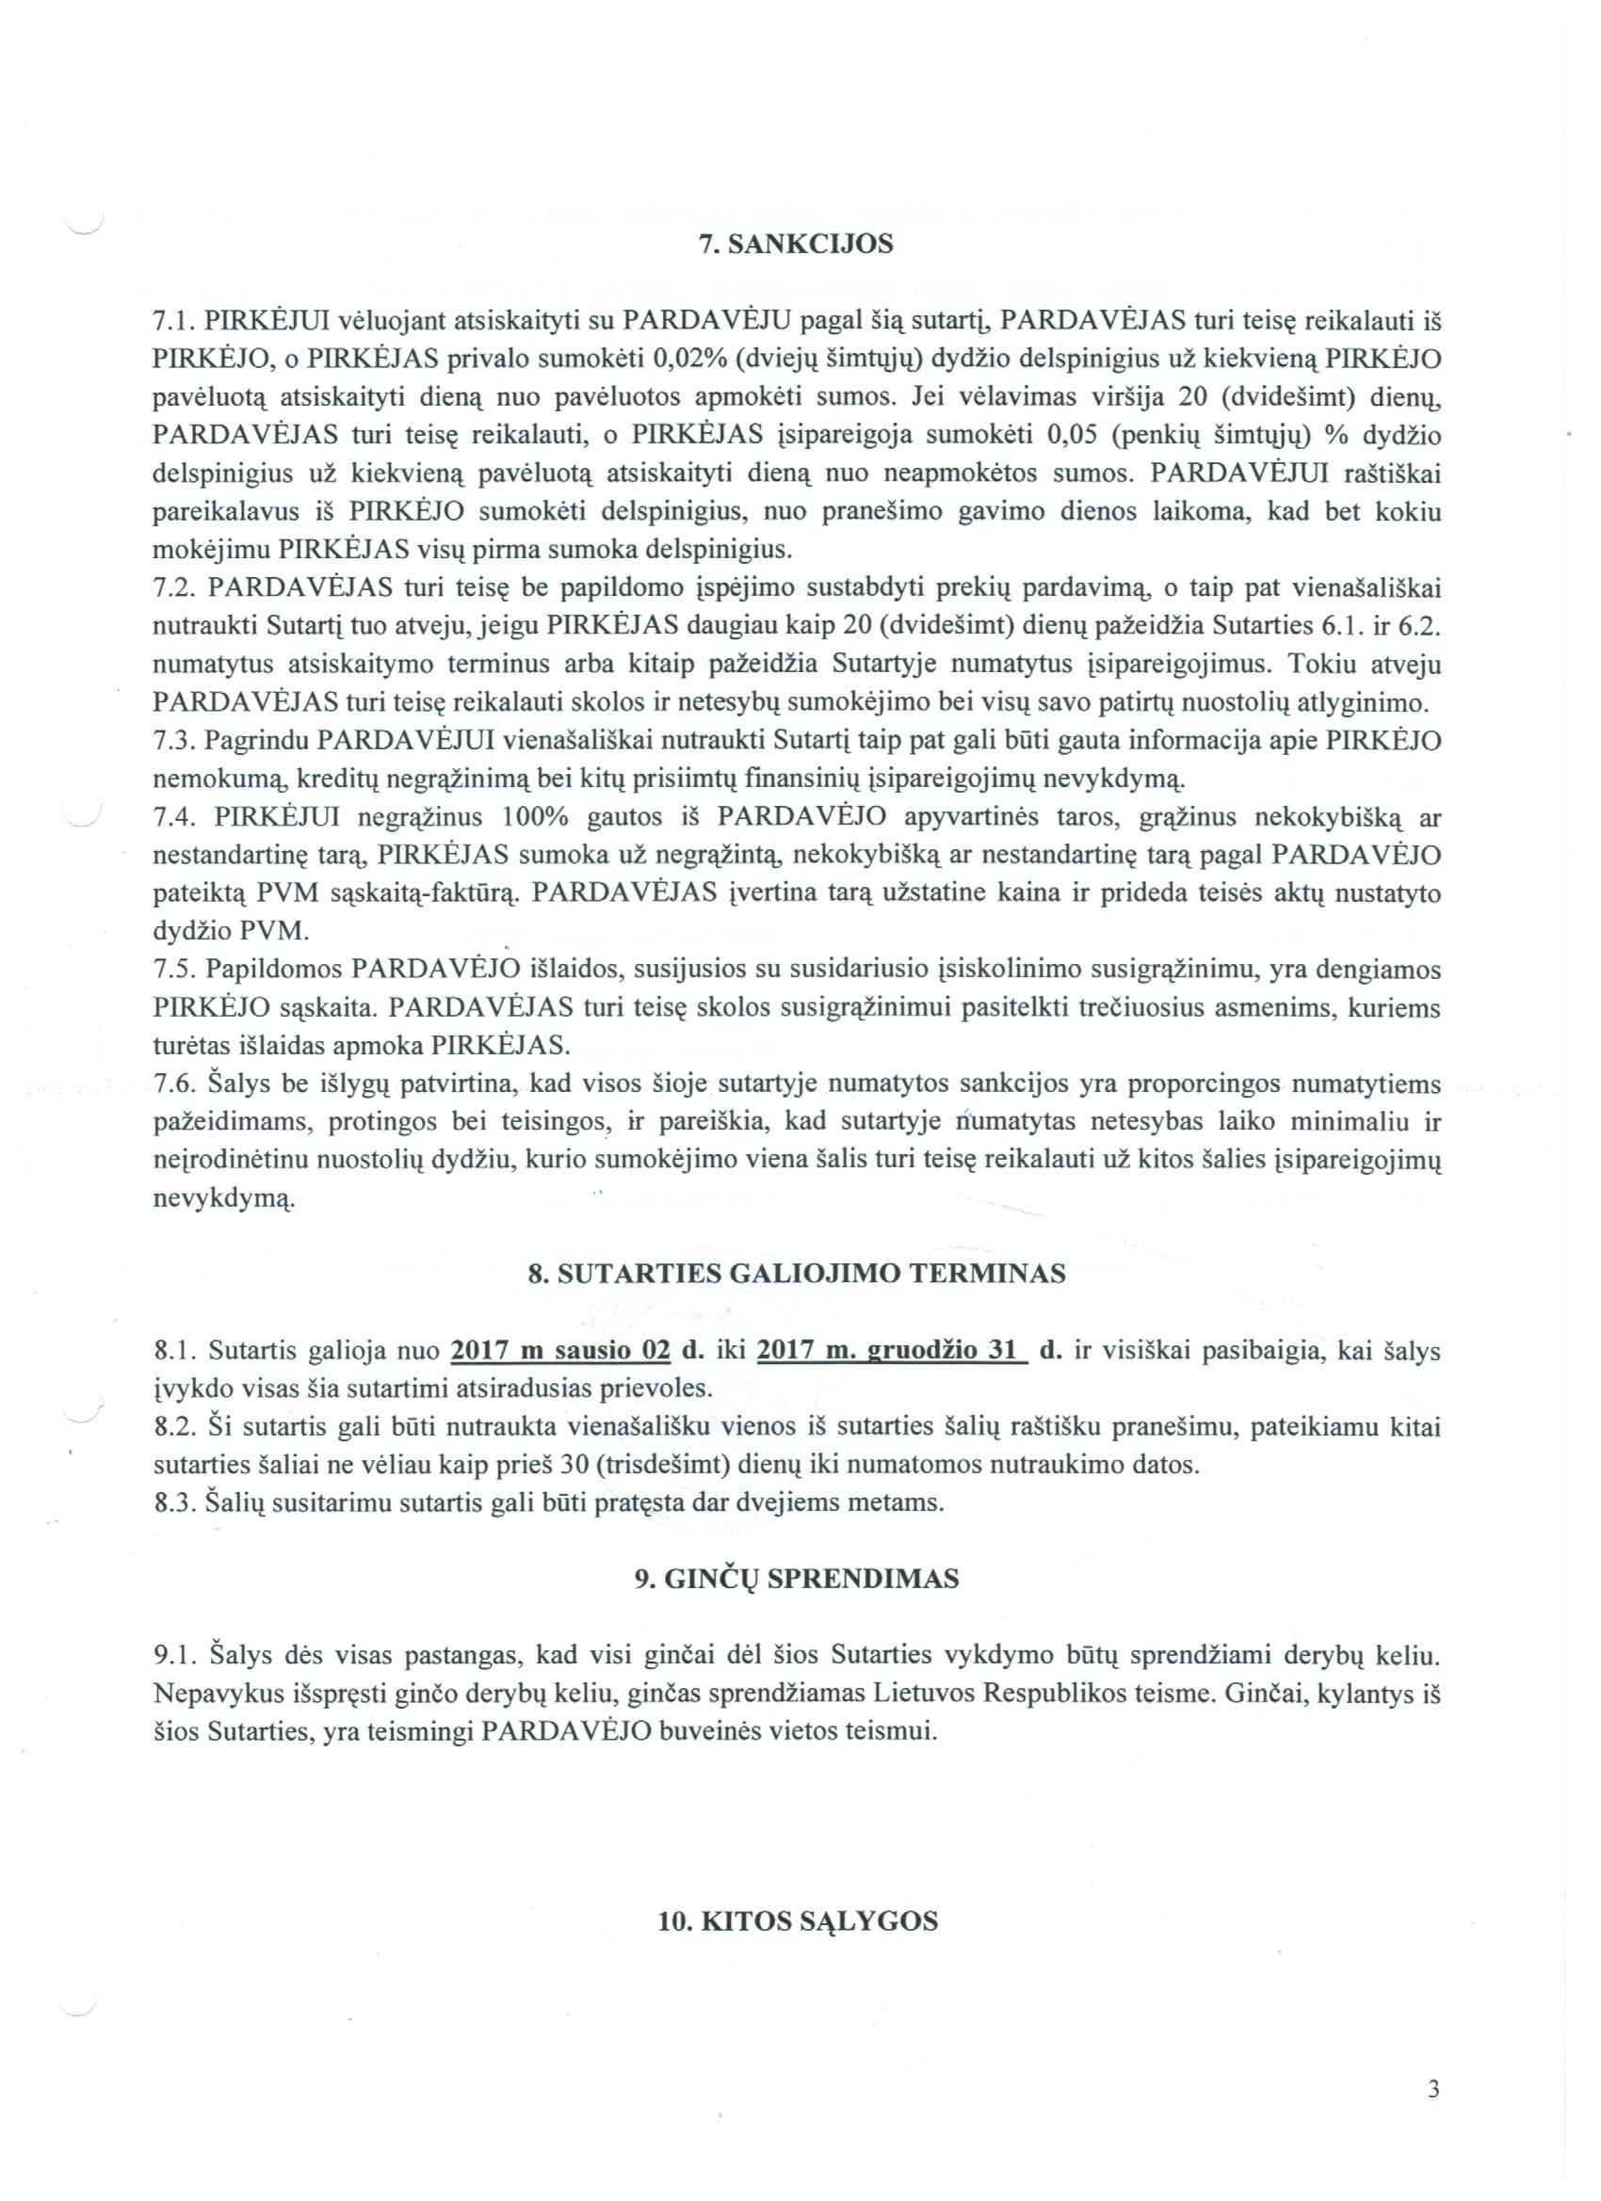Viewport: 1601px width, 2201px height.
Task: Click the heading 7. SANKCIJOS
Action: pos(796,244)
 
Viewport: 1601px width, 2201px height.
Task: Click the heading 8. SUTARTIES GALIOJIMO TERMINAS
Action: pos(796,1273)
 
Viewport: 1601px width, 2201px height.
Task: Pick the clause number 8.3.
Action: pos(176,1503)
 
